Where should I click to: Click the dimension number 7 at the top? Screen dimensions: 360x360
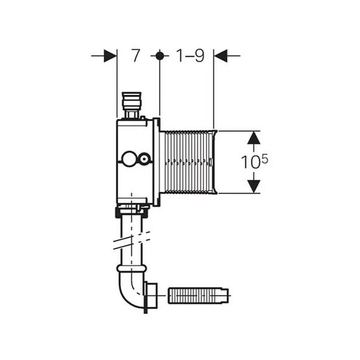136,56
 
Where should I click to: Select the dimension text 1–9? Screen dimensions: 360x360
190,56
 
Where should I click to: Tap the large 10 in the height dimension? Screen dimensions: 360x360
251,162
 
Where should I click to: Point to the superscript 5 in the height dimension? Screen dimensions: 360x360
264,159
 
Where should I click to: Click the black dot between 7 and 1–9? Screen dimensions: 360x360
159,56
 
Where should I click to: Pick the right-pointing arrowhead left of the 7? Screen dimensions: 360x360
110,56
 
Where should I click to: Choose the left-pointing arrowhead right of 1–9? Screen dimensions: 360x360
220,56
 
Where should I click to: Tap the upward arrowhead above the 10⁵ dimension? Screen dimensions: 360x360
254,137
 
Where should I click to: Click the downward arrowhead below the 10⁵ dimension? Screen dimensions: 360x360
254,186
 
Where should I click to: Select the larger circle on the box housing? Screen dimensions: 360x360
129,158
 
